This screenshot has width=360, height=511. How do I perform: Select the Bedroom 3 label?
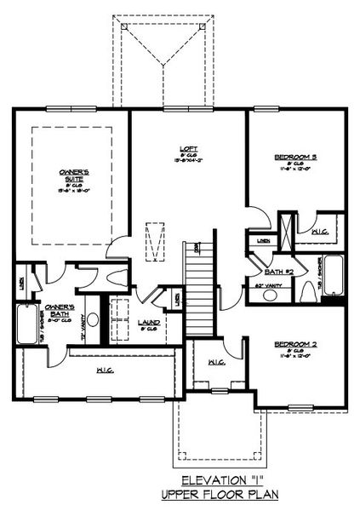coord(296,157)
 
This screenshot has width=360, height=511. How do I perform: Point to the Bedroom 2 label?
coord(295,344)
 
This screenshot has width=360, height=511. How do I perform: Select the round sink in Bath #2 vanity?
coord(271,296)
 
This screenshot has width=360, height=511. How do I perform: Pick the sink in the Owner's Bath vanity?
coord(93,321)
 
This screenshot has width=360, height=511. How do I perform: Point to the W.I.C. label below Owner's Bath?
coord(106,370)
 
